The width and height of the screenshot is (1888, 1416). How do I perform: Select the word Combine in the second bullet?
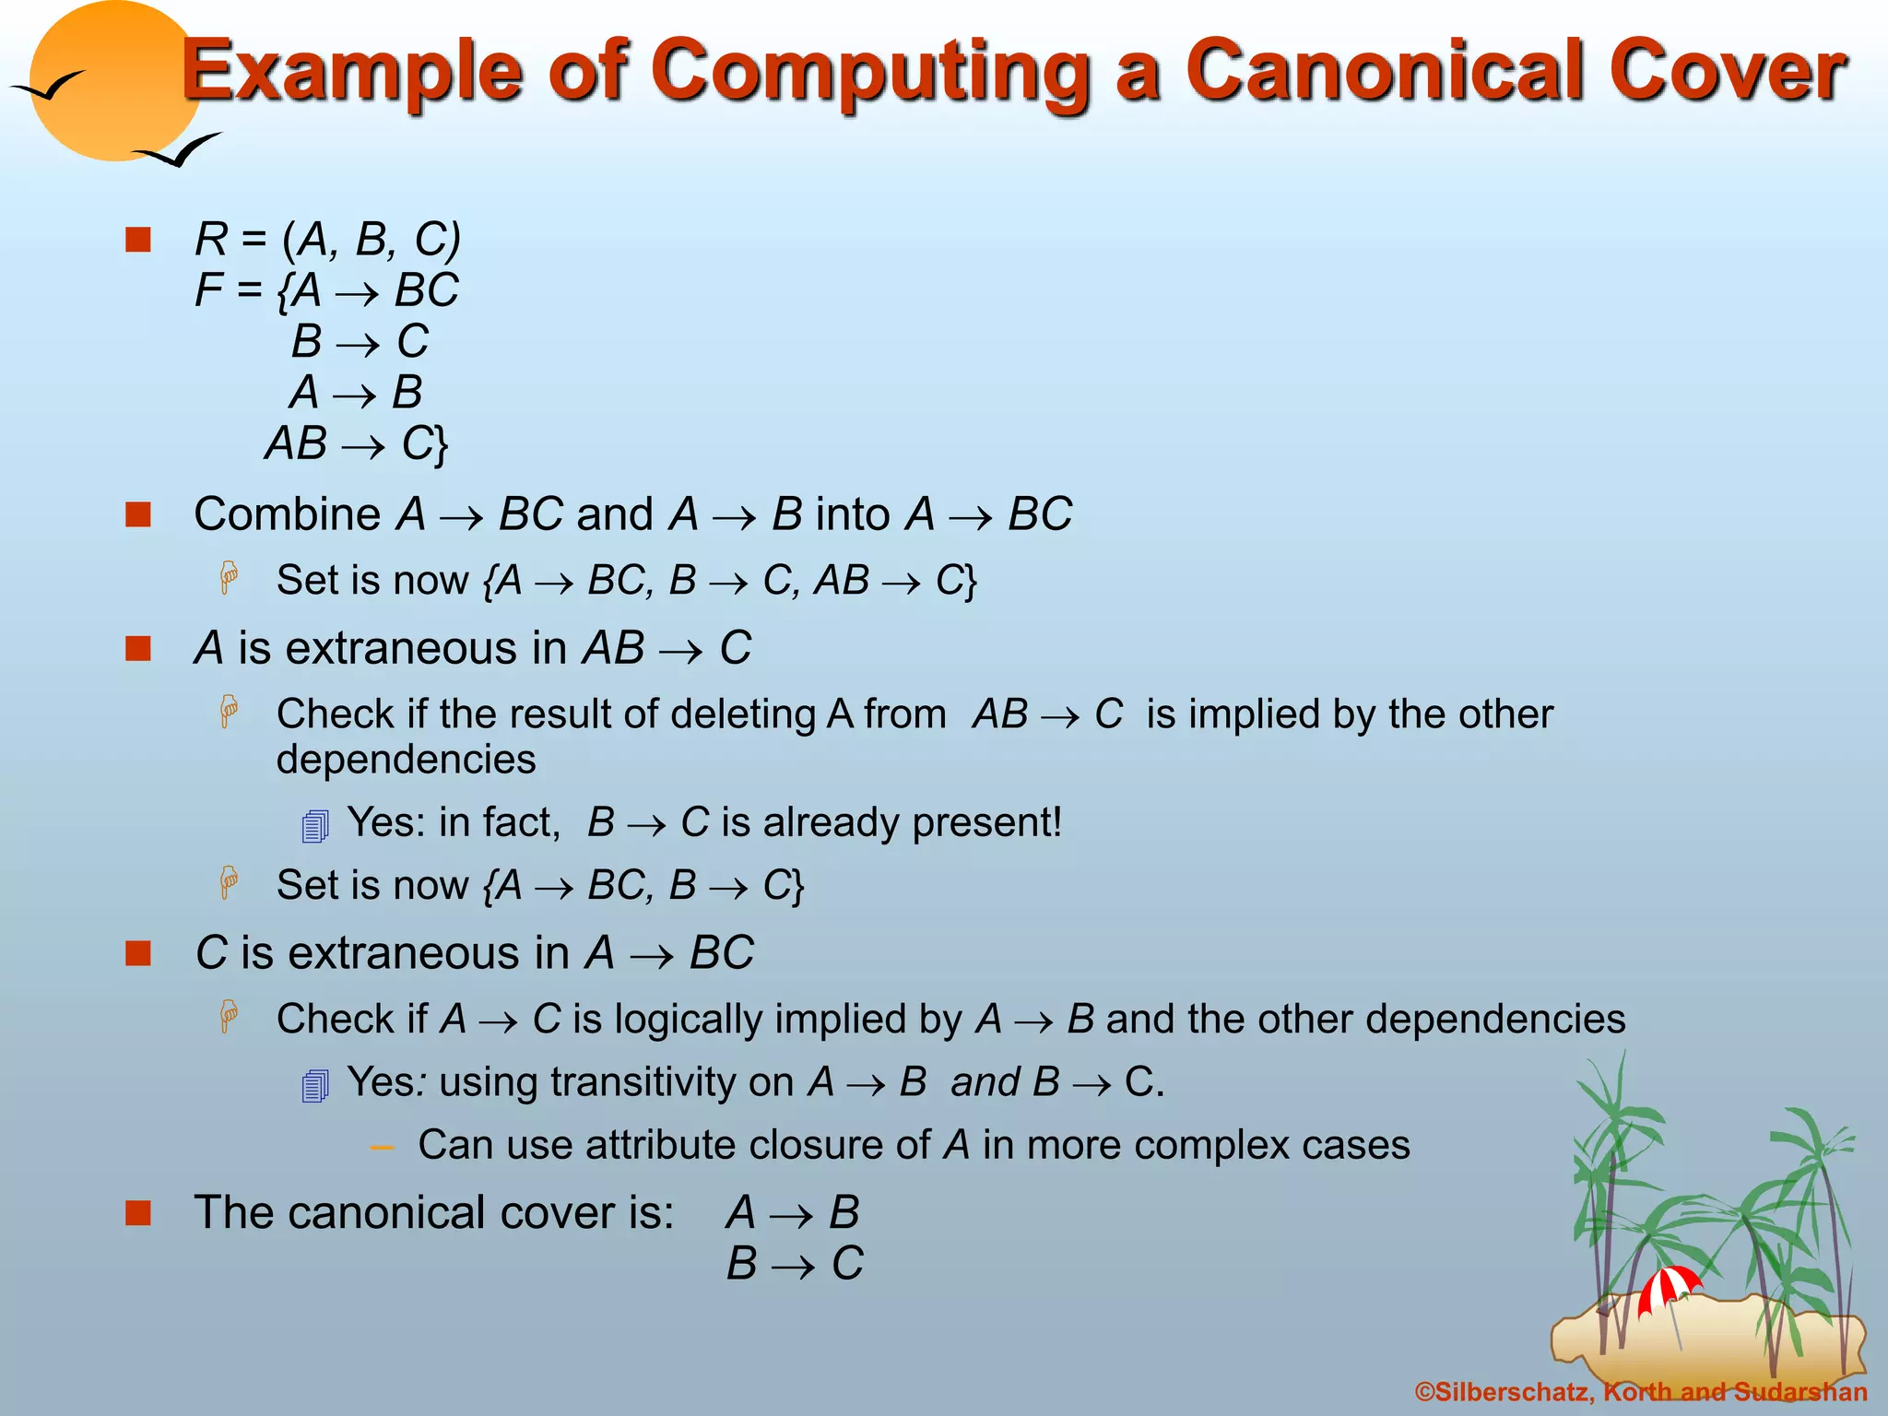287,514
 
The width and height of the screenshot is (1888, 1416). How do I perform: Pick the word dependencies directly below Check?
406,761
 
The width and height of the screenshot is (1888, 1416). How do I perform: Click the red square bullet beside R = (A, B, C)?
138,240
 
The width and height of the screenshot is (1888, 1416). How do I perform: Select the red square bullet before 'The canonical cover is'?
138,1212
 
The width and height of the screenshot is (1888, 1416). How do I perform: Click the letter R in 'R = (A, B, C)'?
210,240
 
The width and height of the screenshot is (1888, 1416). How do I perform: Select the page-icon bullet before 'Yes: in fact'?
314,825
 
